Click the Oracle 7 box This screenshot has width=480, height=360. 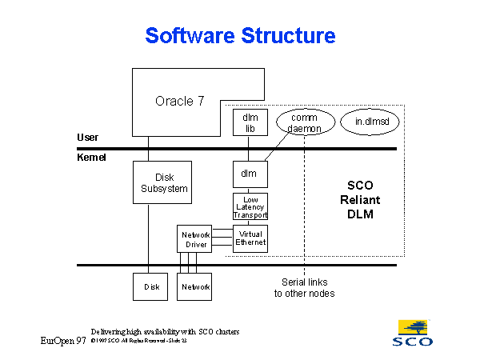coord(180,101)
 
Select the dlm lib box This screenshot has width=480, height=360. coord(249,122)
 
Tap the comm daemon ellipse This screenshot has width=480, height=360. coord(303,122)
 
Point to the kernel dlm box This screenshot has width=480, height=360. coord(249,173)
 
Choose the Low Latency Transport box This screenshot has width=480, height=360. coord(250,206)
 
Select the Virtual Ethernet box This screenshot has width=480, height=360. coord(250,238)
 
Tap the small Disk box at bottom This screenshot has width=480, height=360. coord(152,286)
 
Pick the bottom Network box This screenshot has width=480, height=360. coord(195,286)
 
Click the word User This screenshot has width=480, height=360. coord(87,138)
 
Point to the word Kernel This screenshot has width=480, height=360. coord(91,158)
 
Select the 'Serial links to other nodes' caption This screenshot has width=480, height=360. coord(304,288)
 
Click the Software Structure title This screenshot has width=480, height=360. coord(240,36)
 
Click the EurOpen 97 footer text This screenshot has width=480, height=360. coord(63,341)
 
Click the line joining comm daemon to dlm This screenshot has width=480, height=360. coord(277,149)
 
